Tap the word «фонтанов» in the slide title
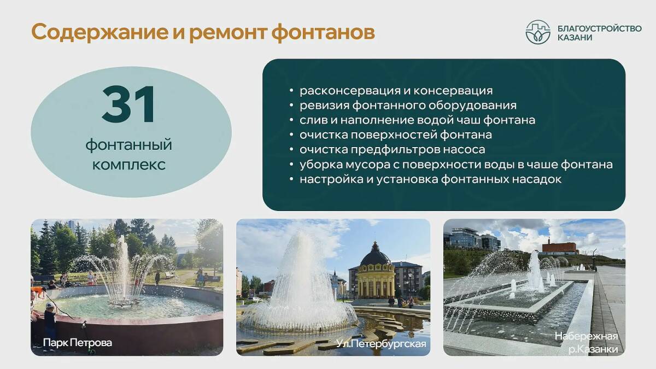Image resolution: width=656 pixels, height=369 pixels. tap(323, 32)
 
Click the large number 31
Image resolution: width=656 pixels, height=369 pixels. tap(128, 104)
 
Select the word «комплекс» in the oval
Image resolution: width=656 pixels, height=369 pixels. tap(129, 165)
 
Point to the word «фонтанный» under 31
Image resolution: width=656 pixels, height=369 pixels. tap(129, 145)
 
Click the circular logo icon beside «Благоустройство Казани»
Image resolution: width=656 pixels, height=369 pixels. tap(538, 32)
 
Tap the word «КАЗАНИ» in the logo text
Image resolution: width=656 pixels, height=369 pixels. tap(575, 38)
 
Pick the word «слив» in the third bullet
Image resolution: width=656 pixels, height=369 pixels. tap(314, 120)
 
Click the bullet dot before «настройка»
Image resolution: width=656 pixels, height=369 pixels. tap(291, 179)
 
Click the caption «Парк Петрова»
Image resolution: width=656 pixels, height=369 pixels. tap(78, 343)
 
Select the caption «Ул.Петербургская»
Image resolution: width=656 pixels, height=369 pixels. tap(381, 343)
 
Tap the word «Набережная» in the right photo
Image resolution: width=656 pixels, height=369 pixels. tap(586, 336)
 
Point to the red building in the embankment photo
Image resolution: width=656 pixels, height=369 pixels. tap(560, 248)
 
